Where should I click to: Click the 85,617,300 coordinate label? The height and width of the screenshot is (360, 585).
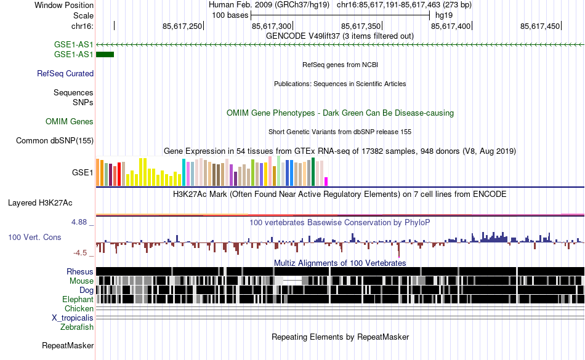click(272, 26)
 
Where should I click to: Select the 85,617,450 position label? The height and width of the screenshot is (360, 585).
click(540, 26)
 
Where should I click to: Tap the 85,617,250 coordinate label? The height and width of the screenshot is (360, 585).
click(182, 26)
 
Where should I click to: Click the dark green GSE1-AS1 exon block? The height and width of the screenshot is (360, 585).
click(105, 55)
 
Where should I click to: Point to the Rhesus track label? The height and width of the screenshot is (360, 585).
click(80, 271)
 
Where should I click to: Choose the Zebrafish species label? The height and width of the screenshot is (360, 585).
click(77, 327)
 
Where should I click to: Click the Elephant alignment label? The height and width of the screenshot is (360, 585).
click(77, 299)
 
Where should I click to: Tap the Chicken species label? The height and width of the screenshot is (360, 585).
click(79, 308)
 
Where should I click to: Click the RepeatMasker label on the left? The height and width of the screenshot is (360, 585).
click(68, 346)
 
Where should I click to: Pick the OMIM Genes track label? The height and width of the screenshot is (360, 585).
click(70, 122)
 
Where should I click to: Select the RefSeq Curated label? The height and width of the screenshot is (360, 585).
click(65, 73)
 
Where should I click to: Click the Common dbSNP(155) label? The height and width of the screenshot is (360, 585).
click(55, 140)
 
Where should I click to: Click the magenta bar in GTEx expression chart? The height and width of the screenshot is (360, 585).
click(326, 181)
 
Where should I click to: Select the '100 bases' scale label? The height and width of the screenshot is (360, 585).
click(230, 14)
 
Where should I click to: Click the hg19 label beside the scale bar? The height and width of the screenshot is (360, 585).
click(444, 14)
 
